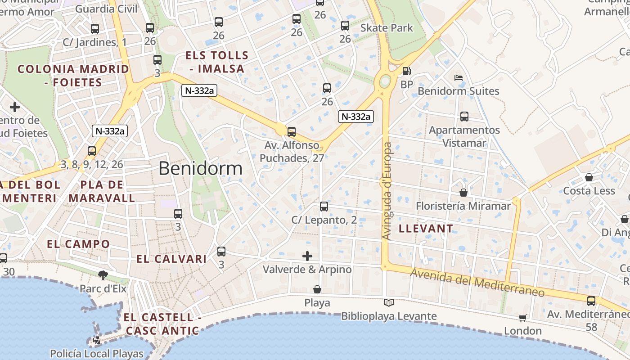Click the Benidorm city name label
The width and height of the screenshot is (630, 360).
pyautogui.click(x=200, y=168)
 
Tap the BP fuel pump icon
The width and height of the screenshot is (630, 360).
pyautogui.click(x=406, y=71)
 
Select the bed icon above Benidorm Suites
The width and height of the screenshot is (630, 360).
pyautogui.click(x=459, y=78)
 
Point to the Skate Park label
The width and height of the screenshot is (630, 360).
pyautogui.click(x=387, y=28)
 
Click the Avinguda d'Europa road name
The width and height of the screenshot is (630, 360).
pyautogui.click(x=387, y=191)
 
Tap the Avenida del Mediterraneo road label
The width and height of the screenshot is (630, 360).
pyautogui.click(x=477, y=283)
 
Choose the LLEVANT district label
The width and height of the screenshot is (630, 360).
pyautogui.click(x=426, y=228)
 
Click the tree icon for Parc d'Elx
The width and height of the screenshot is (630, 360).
pyautogui.click(x=103, y=275)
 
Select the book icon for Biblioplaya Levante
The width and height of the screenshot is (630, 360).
pyautogui.click(x=388, y=303)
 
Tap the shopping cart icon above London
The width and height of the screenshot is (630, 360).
pyautogui.click(x=522, y=318)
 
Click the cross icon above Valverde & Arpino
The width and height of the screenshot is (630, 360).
pyautogui.click(x=307, y=256)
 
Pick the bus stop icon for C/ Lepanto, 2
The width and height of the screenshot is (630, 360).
pyautogui.click(x=324, y=207)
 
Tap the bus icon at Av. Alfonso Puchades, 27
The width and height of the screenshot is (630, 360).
pyautogui.click(x=292, y=132)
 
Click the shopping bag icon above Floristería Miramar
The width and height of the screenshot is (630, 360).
pyautogui.click(x=463, y=193)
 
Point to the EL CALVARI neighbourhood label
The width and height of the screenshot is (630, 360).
pyautogui.click(x=171, y=259)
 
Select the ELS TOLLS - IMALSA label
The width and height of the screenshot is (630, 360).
pyautogui.click(x=217, y=62)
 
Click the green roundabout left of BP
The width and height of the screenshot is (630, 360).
pyautogui.click(x=385, y=81)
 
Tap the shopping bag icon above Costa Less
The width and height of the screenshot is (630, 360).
pyautogui.click(x=589, y=177)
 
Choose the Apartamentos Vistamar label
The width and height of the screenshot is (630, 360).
pyautogui.click(x=464, y=136)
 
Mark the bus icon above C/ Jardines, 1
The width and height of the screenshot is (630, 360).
pyautogui.click(x=94, y=29)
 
